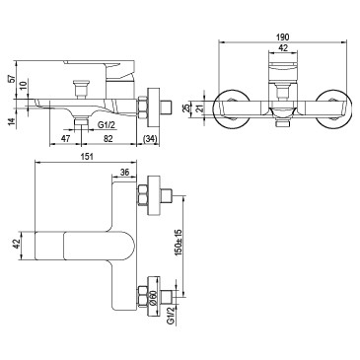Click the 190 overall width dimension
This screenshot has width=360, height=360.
[x=283, y=36]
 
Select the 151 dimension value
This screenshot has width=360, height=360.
[x=87, y=157]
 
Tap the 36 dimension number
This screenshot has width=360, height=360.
[x=124, y=173]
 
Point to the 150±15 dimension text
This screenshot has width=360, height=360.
[x=179, y=243]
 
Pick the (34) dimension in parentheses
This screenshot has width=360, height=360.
[x=151, y=139]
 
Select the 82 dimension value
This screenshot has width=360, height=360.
[x=108, y=139]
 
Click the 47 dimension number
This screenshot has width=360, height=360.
[x=66, y=139]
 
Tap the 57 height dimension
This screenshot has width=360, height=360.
[x=12, y=79]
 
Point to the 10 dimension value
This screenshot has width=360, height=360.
[x=23, y=87]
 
